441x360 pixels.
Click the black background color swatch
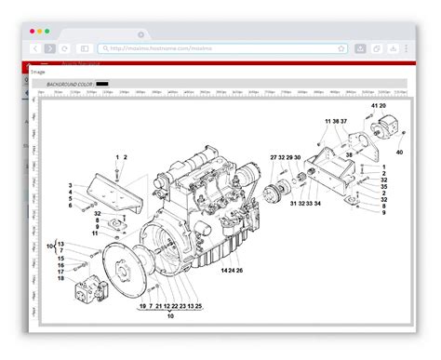point(102,84)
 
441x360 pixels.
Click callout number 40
point(399,152)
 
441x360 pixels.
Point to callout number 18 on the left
point(60,278)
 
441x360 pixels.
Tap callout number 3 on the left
point(70,187)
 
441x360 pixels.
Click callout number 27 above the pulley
point(274,158)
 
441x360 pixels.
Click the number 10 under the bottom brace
point(170,316)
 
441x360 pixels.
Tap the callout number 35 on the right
point(383,187)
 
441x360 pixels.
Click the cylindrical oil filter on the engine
point(250,174)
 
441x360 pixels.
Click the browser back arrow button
point(34,47)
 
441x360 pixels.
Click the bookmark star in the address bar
point(341,47)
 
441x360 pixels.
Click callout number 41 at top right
point(374,106)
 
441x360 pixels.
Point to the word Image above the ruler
point(37,69)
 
